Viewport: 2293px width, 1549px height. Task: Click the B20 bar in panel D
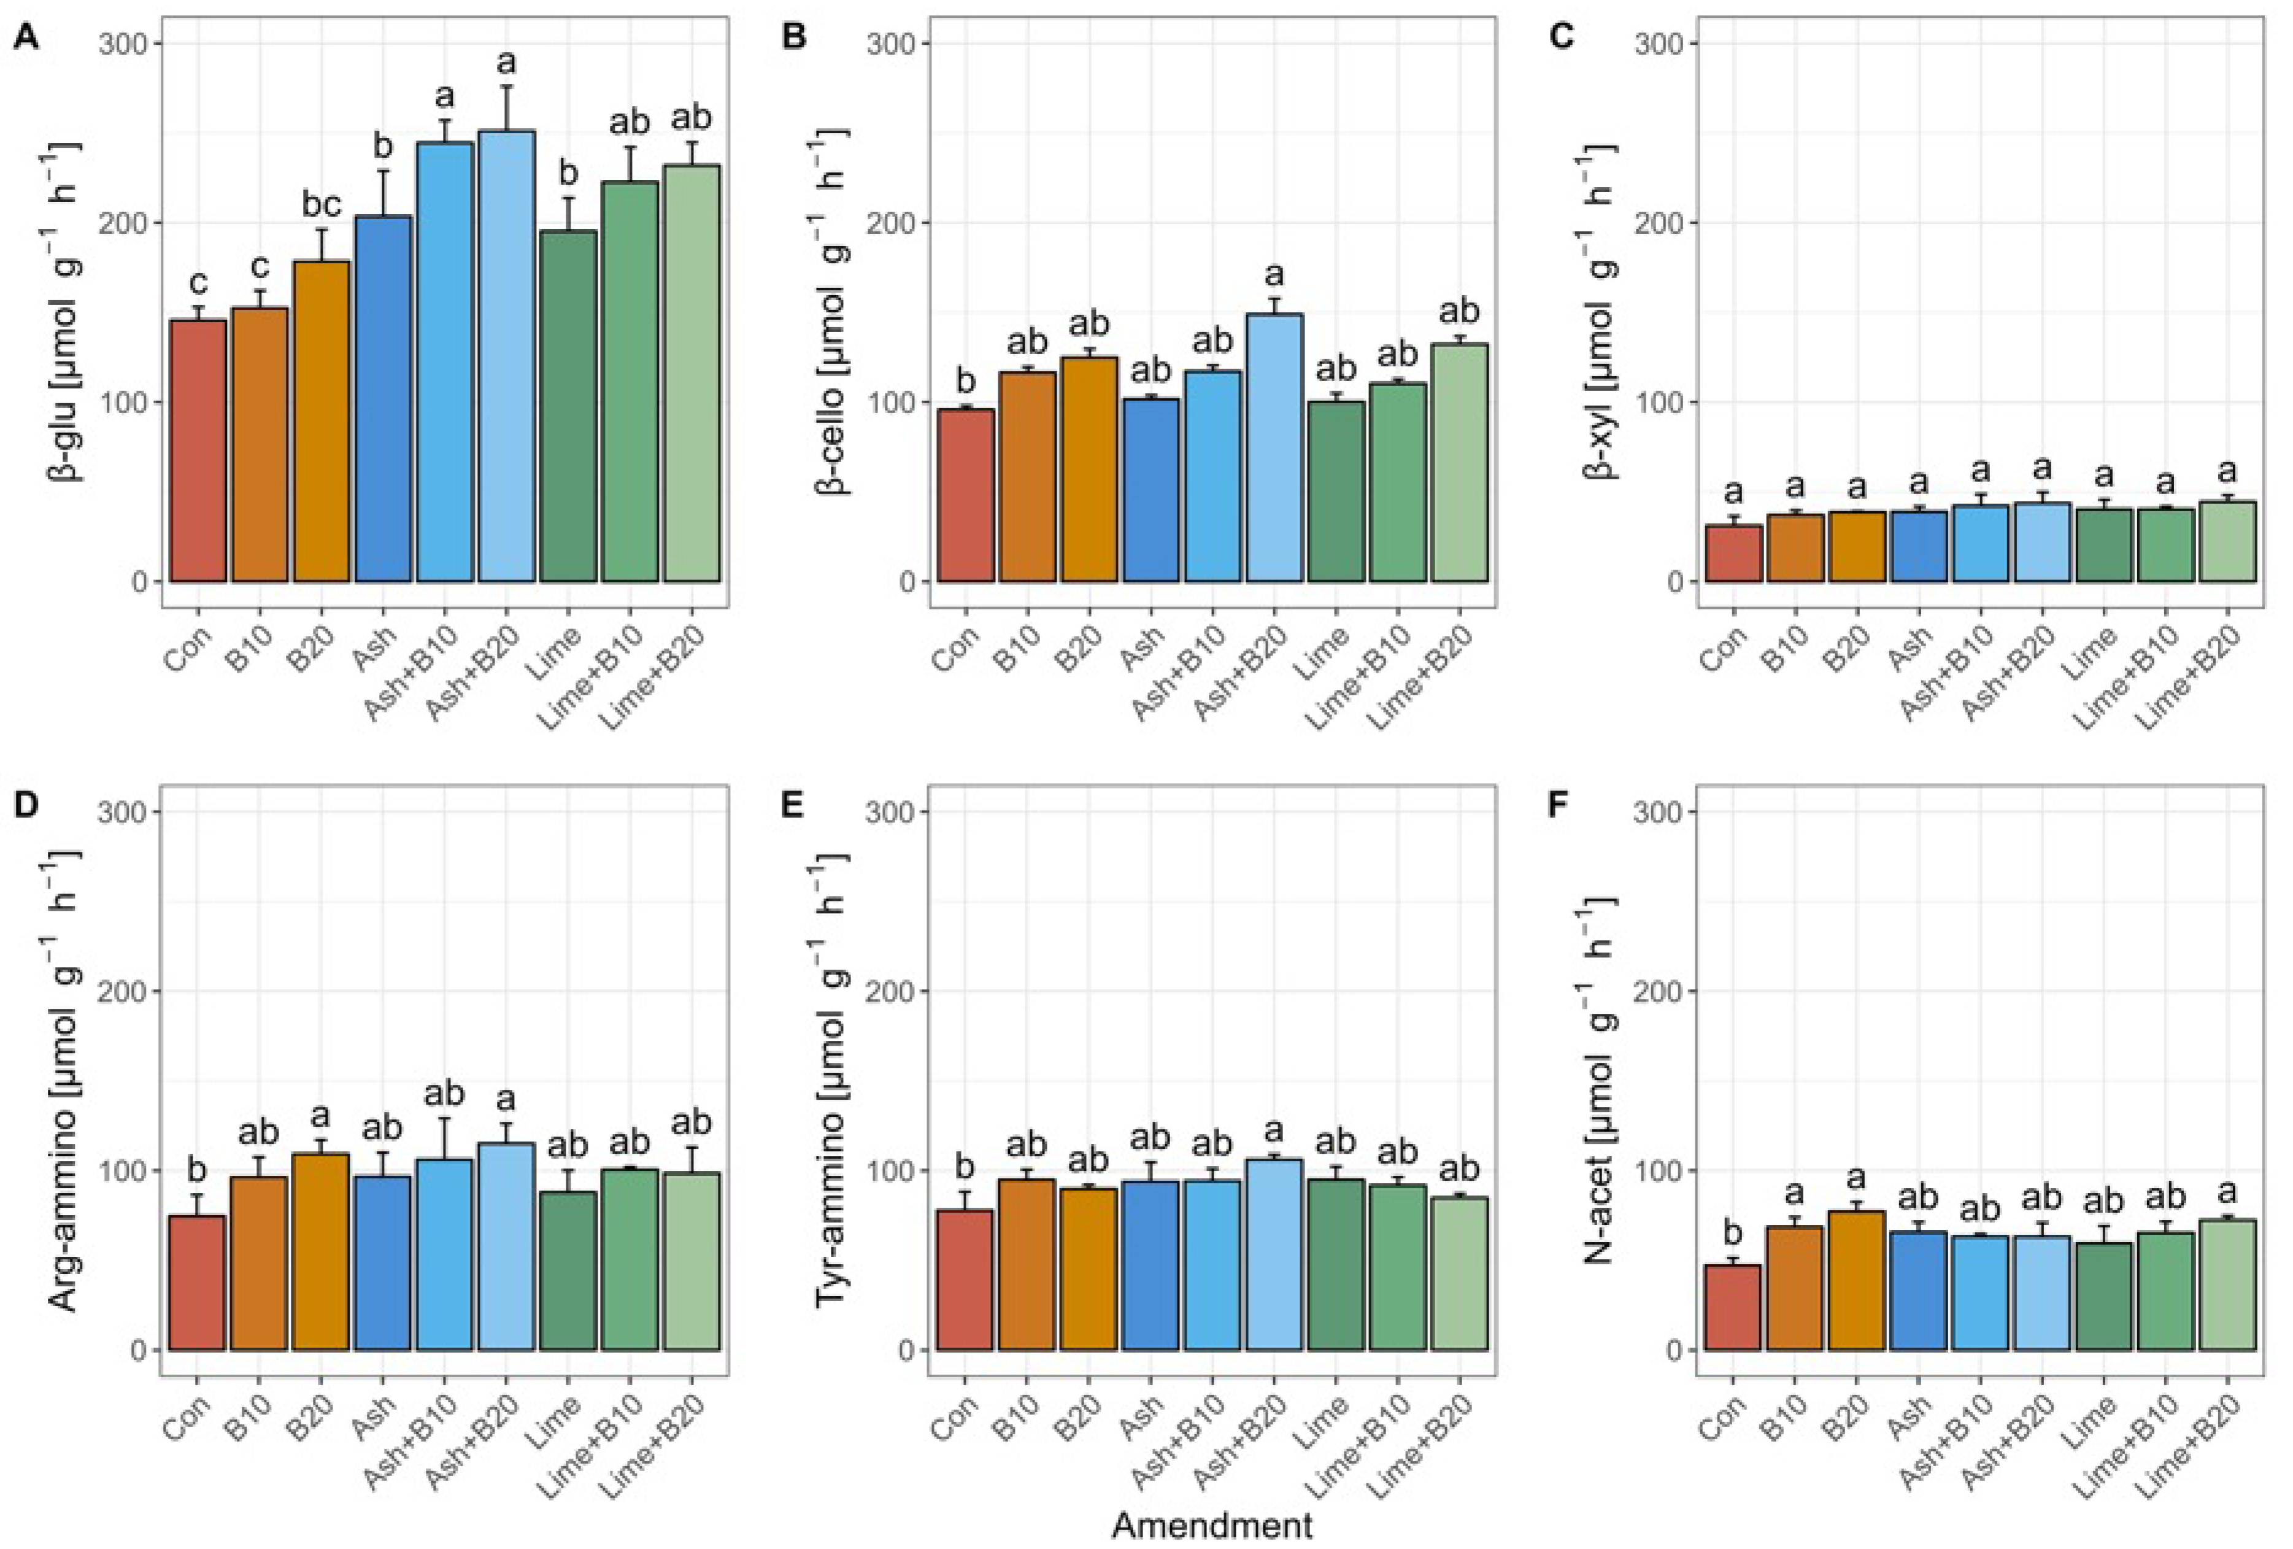click(322, 1251)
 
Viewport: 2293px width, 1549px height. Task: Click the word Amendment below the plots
click(1212, 1525)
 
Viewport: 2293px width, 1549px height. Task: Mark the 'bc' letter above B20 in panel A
click(321, 205)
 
